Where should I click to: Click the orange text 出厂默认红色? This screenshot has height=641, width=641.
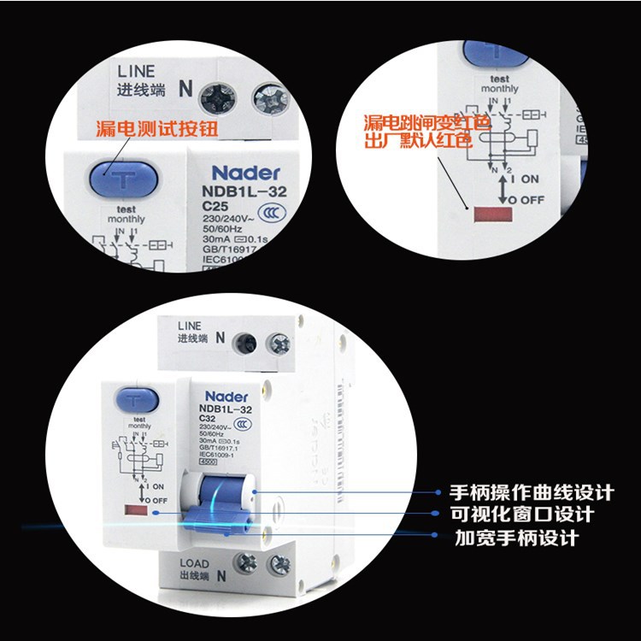pyautogui.click(x=426, y=141)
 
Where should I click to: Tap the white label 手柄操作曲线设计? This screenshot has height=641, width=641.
pyautogui.click(x=532, y=493)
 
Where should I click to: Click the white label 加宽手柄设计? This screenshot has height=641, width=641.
pyautogui.click(x=515, y=538)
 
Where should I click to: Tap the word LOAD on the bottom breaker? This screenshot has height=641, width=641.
pyautogui.click(x=194, y=563)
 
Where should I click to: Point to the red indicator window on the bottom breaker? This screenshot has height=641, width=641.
pyautogui.click(x=135, y=511)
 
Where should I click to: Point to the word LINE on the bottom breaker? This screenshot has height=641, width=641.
pyautogui.click(x=190, y=326)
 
